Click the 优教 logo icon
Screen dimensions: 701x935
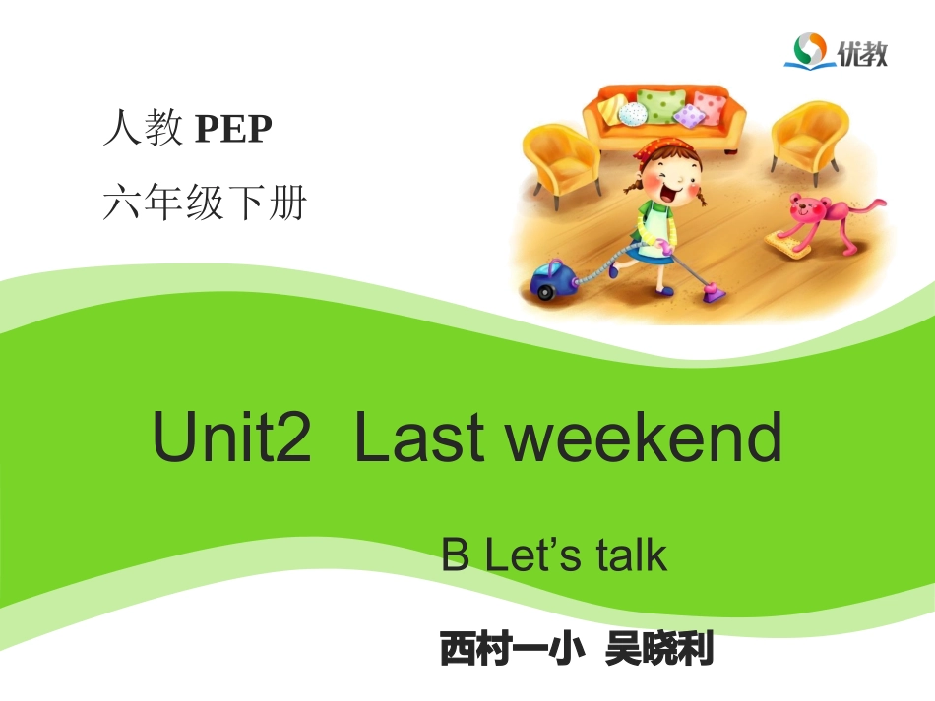click(x=811, y=50)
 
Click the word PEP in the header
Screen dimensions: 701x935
click(x=232, y=130)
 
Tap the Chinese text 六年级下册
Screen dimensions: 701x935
click(x=205, y=204)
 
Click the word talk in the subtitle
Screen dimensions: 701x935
click(x=631, y=555)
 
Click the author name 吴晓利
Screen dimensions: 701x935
click(x=659, y=650)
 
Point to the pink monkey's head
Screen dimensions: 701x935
click(x=809, y=209)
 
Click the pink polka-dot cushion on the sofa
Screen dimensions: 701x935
click(x=708, y=105)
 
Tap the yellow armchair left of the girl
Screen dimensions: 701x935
click(x=559, y=162)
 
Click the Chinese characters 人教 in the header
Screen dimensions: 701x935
click(x=143, y=130)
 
